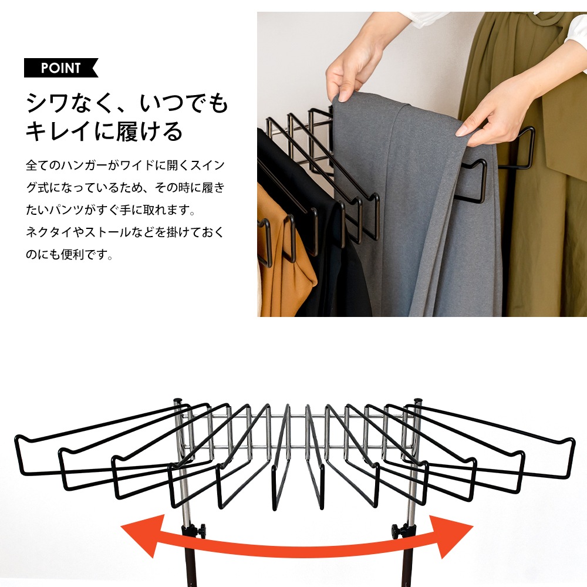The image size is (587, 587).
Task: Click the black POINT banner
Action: coord(60,68)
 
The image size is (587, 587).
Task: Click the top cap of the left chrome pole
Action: coord(178,402)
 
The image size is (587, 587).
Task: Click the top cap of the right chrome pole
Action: coord(418,402)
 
